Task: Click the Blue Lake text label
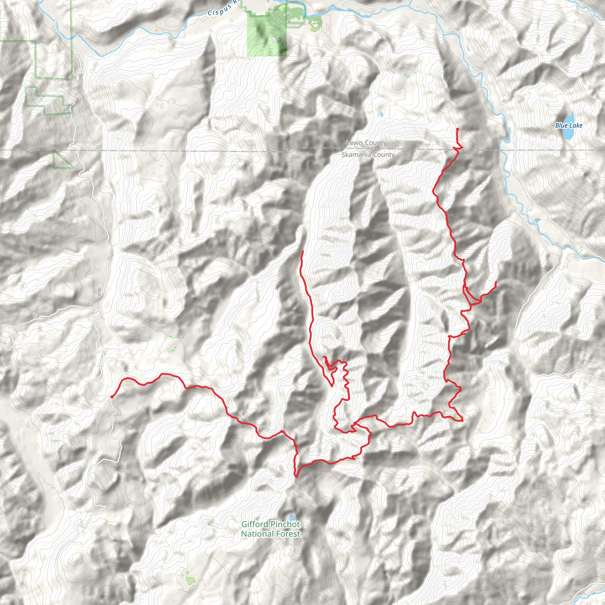(x=569, y=126)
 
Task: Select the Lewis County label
(x=366, y=143)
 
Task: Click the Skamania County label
(x=368, y=155)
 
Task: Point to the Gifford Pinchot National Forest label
(x=271, y=529)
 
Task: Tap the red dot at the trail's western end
(x=112, y=397)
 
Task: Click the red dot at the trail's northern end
(x=458, y=129)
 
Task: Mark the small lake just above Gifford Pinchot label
(x=292, y=517)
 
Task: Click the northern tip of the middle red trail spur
(x=302, y=251)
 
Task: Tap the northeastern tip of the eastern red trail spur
(x=496, y=282)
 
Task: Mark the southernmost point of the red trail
(x=296, y=477)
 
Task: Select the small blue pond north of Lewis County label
(x=382, y=114)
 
